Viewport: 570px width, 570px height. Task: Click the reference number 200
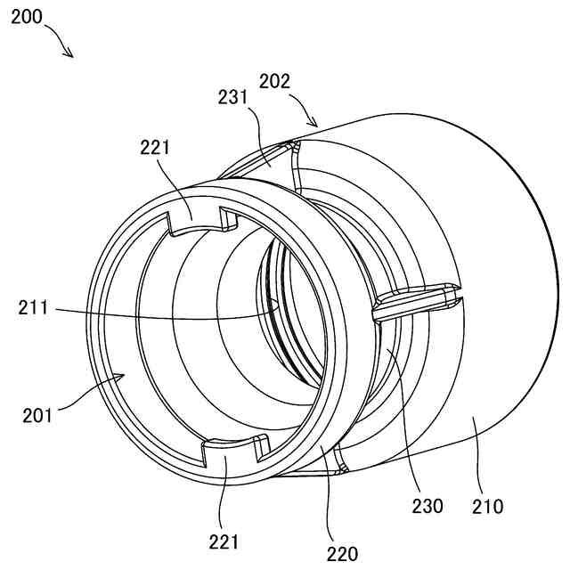pos(25,19)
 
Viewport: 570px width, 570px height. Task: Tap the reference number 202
pos(274,82)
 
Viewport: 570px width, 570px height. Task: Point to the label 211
pos(35,309)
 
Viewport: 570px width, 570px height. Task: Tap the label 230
pos(427,505)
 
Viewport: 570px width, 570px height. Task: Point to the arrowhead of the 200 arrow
pos(70,55)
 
